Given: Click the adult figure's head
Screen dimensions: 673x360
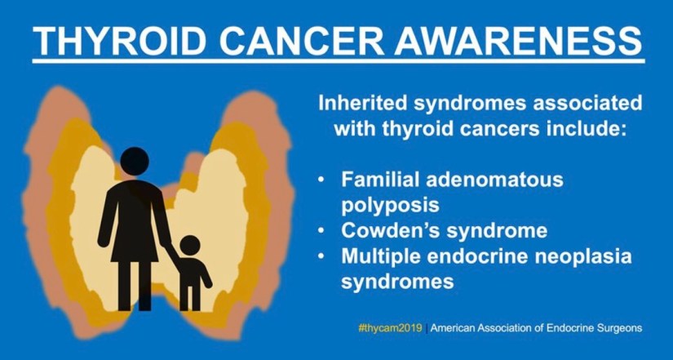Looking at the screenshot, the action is coord(135,161).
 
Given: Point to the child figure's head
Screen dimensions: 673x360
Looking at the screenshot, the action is coord(190,245).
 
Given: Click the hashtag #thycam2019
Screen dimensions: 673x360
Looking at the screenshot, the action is coord(390,329).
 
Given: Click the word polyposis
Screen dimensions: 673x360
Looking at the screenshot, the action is coord(390,206).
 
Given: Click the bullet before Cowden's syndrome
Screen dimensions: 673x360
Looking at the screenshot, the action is coord(321,231).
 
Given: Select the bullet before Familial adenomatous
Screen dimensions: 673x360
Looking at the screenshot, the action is coord(321,180).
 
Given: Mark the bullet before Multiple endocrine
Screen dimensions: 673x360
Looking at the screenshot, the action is coord(321,256).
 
